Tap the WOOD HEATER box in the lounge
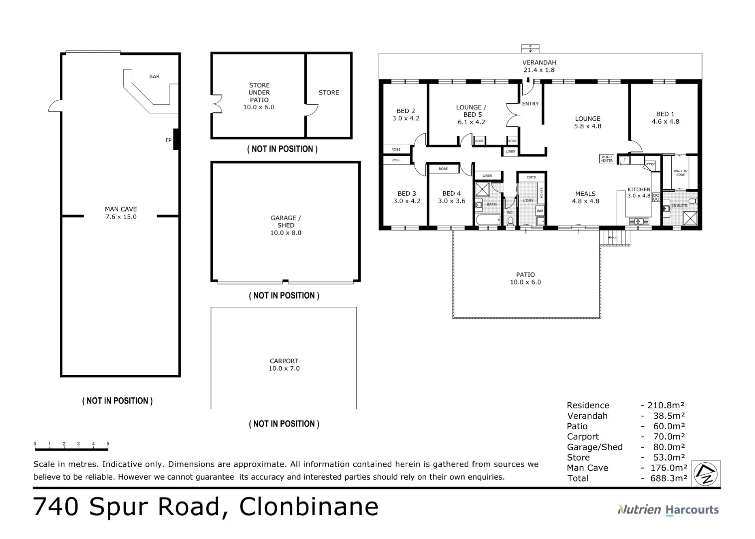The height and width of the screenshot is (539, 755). coord(606,159)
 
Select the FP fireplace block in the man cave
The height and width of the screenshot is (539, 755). coord(176,139)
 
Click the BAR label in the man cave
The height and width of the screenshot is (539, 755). coord(154,76)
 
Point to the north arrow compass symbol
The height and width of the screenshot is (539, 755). coord(706,473)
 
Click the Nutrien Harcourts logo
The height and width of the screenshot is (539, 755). coord(668,510)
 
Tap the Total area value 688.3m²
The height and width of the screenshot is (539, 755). coord(668,478)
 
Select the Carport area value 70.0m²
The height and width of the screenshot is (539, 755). coord(669,437)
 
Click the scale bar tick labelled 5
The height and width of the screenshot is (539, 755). coord(108,444)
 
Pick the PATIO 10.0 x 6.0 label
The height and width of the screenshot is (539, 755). coord(525,278)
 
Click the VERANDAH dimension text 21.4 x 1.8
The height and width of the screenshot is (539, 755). coord(539,70)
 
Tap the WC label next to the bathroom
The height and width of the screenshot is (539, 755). coord(509,213)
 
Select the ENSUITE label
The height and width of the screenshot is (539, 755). coord(679,205)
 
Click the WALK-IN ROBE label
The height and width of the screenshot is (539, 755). coord(680,173)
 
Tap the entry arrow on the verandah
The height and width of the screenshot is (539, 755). coord(528,80)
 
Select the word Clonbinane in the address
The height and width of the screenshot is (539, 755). coord(308,507)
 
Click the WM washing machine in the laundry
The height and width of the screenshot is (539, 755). coord(540,211)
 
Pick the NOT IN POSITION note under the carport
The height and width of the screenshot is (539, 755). coord(284,424)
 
